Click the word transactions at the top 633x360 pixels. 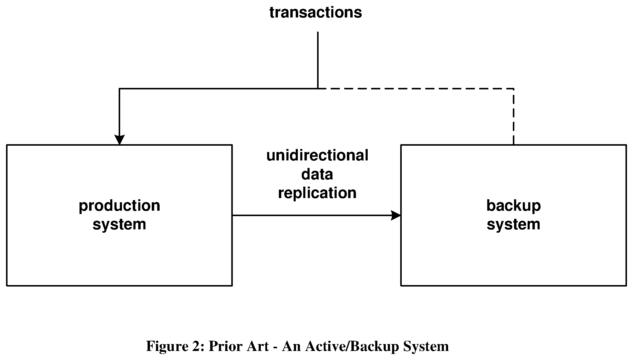tap(316, 13)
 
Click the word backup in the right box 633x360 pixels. tap(513, 206)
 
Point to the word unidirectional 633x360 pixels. tap(317, 156)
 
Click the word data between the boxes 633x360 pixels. tap(317, 175)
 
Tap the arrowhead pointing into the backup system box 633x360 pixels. tap(396, 216)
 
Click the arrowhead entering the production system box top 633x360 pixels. tap(120, 140)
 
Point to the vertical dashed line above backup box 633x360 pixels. tap(513, 116)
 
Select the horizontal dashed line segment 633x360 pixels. tap(416, 88)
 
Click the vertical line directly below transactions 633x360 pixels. tap(318, 60)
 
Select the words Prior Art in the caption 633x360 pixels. tap(239, 346)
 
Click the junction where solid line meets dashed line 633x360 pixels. tap(318, 88)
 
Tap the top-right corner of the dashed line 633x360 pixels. tap(513, 88)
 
